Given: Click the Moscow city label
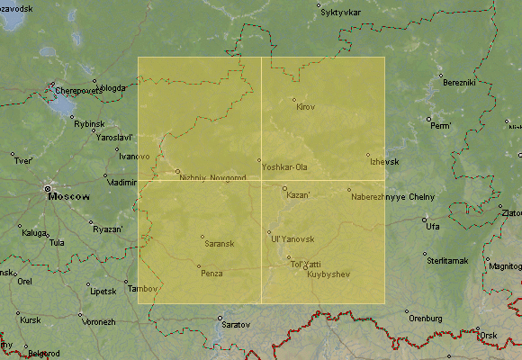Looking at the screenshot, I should pyautogui.click(x=69, y=195).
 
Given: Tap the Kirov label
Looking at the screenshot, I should pyautogui.click(x=306, y=107).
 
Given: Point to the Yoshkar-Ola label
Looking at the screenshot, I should pyautogui.click(x=284, y=167).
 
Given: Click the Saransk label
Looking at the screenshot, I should pyautogui.click(x=220, y=244).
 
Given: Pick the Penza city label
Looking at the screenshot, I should pyautogui.click(x=211, y=273).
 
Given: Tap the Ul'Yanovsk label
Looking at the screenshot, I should pyautogui.click(x=292, y=238).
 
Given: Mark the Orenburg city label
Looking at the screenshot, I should pyautogui.click(x=426, y=319).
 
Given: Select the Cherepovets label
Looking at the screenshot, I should pyautogui.click(x=78, y=91).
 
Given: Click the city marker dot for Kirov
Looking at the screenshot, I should pyautogui.click(x=293, y=100).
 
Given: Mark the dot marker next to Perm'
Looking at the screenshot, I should pyautogui.click(x=428, y=119).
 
